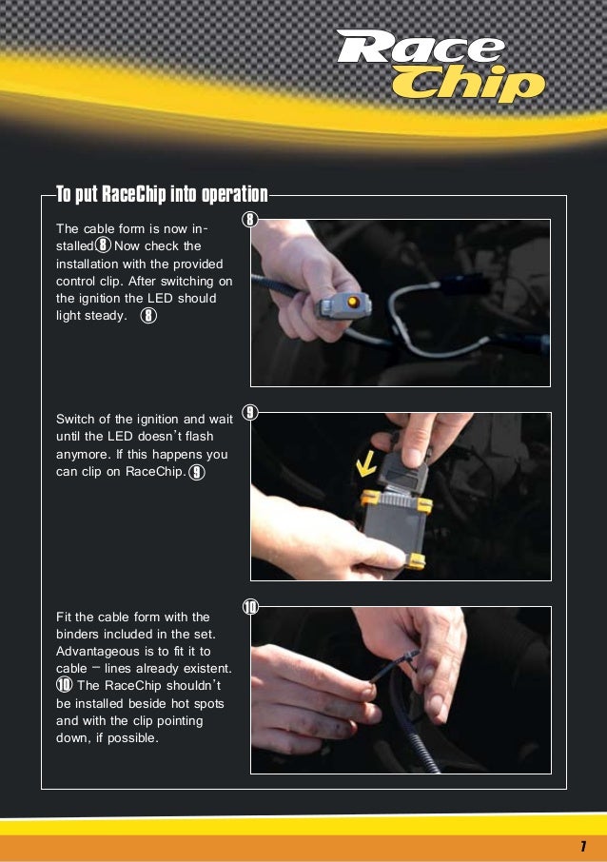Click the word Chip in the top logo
pos(468,87)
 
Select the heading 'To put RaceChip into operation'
pos(162,196)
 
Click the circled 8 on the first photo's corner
pos(250,221)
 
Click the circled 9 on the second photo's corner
pos(250,413)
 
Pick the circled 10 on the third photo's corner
pos(250,607)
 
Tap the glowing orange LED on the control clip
pos(354,303)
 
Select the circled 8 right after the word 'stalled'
pos(104,246)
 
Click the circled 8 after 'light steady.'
pos(148,316)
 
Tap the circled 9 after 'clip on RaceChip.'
pos(196,472)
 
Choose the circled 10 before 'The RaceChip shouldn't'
pos(64,685)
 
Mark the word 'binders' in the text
pos(78,634)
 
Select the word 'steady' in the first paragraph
pos(103,316)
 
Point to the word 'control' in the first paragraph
pos(78,282)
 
